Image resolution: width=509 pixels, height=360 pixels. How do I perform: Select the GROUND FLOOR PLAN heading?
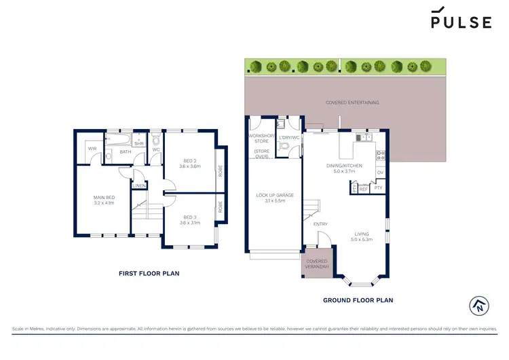(358, 300)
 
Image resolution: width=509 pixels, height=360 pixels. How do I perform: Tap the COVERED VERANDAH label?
(317, 264)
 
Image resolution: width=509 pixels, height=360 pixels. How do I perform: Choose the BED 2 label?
(190, 162)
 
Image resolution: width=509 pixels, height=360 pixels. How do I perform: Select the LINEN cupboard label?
(138, 185)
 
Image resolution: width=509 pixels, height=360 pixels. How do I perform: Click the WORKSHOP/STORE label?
(261, 140)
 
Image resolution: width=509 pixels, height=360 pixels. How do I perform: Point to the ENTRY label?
(320, 224)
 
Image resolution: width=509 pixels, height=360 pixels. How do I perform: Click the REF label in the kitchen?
(363, 190)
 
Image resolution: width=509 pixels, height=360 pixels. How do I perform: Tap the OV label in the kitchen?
(380, 173)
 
